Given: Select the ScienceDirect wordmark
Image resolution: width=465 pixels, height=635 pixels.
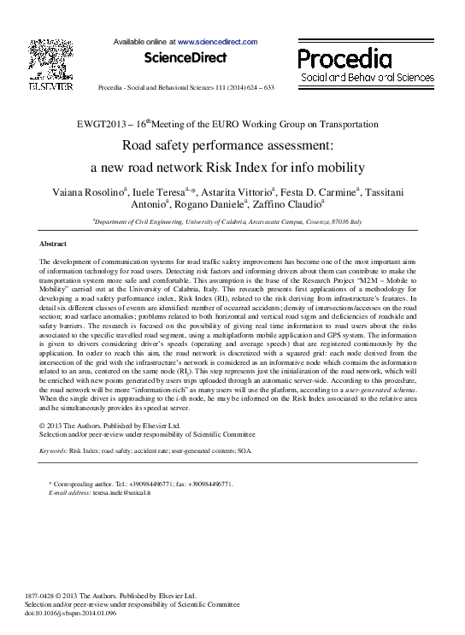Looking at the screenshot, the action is (185, 58).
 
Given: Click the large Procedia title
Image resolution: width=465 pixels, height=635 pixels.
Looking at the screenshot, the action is (344, 58).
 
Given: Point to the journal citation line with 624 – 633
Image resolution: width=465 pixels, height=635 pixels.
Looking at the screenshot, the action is (186, 88).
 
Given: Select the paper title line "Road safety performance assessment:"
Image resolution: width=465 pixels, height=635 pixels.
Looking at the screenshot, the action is (232, 145).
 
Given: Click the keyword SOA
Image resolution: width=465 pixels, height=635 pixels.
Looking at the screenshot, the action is (244, 449).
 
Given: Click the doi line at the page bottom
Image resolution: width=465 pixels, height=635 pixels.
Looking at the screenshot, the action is (71, 614).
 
